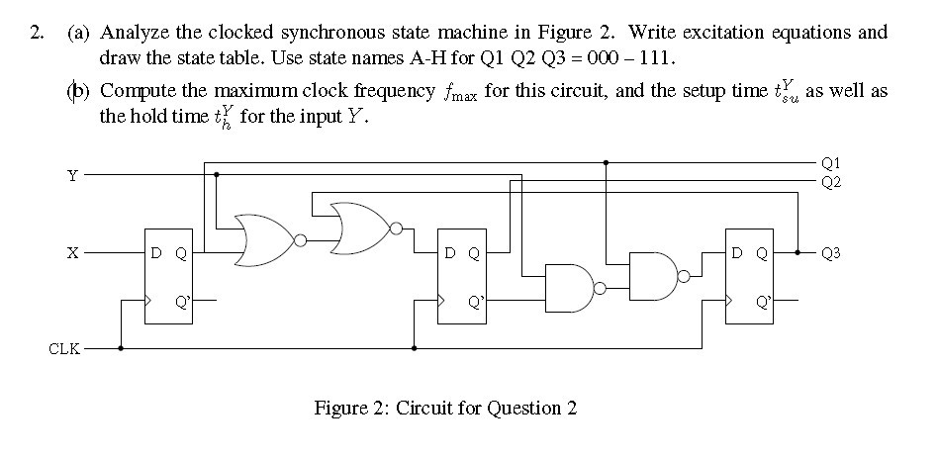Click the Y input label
coord(70,175)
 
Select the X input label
coord(70,253)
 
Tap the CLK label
coord(61,348)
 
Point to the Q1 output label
coord(830,161)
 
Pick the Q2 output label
coord(830,182)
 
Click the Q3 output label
coord(830,253)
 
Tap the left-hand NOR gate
coord(264,239)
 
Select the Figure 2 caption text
coord(444,408)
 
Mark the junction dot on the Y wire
coord(217,175)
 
